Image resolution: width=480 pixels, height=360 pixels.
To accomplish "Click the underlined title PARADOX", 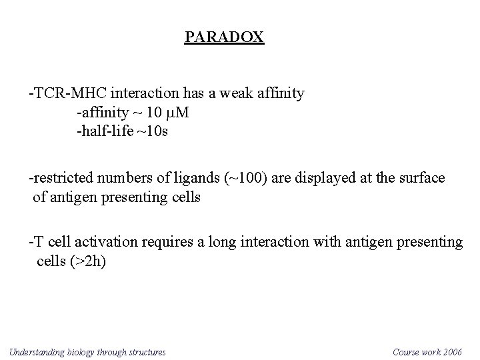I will pos(224,37).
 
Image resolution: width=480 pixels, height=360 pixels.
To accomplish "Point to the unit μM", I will pos(178,113).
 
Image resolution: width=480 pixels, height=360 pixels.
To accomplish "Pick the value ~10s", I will pos(153,131).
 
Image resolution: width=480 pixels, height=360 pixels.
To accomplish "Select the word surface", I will pos(423,179).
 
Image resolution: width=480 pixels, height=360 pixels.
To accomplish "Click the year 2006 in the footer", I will pos(452,351).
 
